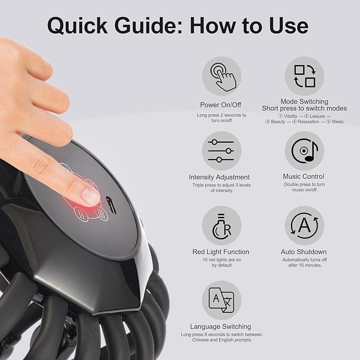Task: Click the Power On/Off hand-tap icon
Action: [221, 76]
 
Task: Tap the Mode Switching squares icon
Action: [304, 76]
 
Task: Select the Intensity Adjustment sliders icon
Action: [221, 151]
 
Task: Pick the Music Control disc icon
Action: [304, 151]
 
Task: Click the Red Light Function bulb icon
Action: [221, 225]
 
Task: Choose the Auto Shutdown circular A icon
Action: [304, 225]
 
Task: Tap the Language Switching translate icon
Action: [221, 300]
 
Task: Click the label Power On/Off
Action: [221, 105]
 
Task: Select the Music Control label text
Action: [304, 177]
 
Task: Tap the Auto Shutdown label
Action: [304, 252]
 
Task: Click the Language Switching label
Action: [221, 327]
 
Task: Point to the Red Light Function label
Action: [221, 252]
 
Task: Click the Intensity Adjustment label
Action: [219, 177]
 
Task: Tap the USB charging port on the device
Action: [111, 205]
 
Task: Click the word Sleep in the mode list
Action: [337, 122]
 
